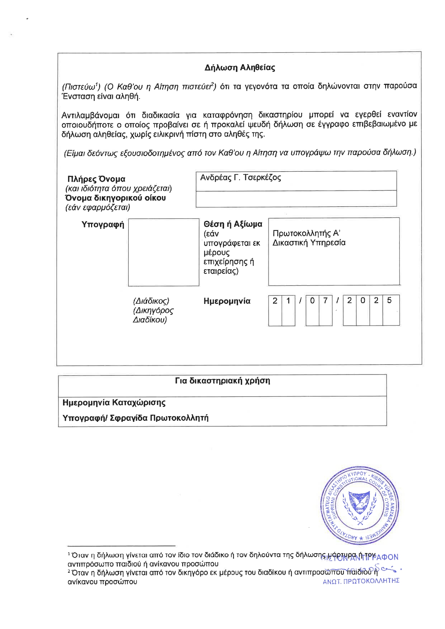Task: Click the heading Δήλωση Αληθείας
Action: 240,68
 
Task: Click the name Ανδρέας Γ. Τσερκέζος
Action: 240,178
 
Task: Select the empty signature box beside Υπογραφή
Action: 164,252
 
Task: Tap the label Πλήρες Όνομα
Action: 96,179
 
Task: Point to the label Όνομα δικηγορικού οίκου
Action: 115,198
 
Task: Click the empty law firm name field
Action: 296,199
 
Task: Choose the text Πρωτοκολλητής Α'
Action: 306,233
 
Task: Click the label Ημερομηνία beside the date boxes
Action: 227,301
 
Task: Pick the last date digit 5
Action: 389,301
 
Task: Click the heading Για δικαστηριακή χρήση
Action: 222,381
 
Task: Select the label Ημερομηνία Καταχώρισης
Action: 114,402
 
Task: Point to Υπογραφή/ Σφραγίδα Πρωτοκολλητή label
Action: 135,418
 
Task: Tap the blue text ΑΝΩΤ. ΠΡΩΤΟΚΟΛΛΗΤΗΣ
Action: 361,581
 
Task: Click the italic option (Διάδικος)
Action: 151,301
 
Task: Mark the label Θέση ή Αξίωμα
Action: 233,224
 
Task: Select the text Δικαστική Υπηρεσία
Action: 309,243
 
